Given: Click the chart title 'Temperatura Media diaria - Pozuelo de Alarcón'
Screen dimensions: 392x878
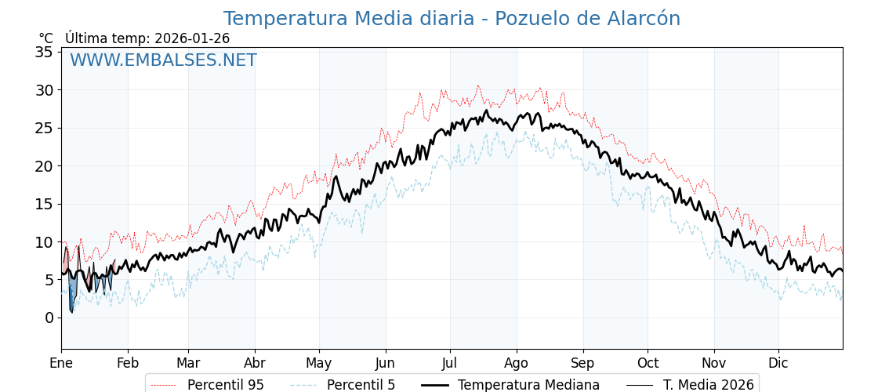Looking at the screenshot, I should click(x=452, y=19).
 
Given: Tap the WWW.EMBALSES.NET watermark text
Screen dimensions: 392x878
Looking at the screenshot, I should click(x=163, y=60).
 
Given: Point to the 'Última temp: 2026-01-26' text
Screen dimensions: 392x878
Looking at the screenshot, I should click(x=147, y=38).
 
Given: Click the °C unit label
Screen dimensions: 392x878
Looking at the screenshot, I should click(x=46, y=38).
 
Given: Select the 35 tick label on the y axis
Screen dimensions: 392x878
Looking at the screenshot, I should click(x=44, y=53).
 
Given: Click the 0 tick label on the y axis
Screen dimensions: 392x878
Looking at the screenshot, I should click(x=49, y=318).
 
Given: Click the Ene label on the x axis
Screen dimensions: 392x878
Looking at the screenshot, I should click(x=61, y=363).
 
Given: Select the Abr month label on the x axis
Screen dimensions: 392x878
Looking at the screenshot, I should click(x=255, y=363).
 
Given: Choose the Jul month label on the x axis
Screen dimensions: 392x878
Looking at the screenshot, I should click(x=450, y=363).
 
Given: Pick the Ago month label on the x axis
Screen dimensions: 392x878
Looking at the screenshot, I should click(x=517, y=363).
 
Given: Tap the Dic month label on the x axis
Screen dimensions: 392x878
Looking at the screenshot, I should click(x=778, y=363).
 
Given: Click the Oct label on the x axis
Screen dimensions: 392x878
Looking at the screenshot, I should click(x=648, y=363).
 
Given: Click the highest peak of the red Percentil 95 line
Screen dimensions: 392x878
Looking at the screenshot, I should click(x=478, y=86).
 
